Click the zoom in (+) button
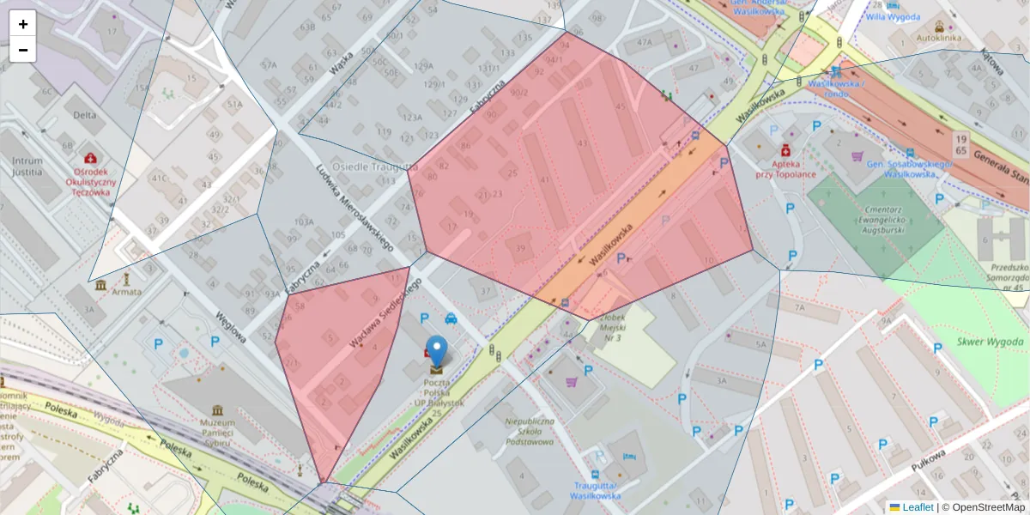23,24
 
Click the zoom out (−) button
23,50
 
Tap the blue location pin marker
437,352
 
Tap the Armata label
127,292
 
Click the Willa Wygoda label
893,16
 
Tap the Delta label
84,114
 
